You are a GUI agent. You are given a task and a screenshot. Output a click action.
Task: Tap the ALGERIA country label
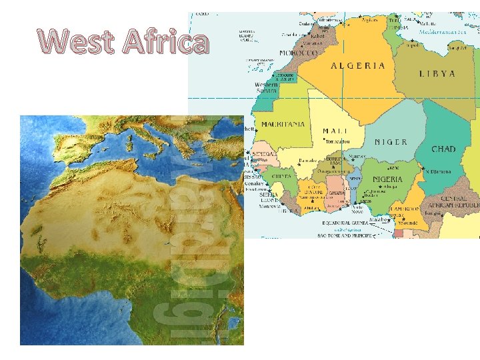pyautogui.click(x=358, y=65)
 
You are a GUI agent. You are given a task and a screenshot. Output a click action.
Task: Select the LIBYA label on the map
pyautogui.click(x=437, y=74)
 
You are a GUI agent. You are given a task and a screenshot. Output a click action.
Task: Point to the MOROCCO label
pyautogui.click(x=298, y=53)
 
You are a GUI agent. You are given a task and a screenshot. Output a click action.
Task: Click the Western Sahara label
pyautogui.click(x=267, y=89)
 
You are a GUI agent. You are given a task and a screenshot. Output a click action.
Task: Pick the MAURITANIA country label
pyautogui.click(x=283, y=124)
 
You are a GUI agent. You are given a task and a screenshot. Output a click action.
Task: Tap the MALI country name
pyautogui.click(x=334, y=131)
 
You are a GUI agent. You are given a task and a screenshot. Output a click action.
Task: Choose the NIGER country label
pyautogui.click(x=391, y=142)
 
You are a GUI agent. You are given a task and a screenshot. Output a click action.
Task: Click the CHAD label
pyautogui.click(x=443, y=149)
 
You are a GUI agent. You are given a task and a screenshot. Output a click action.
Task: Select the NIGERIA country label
pyautogui.click(x=387, y=179)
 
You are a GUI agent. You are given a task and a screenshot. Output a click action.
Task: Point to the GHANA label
pyautogui.click(x=337, y=193)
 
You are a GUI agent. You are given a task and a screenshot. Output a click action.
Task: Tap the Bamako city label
pyautogui.click(x=307, y=161)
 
